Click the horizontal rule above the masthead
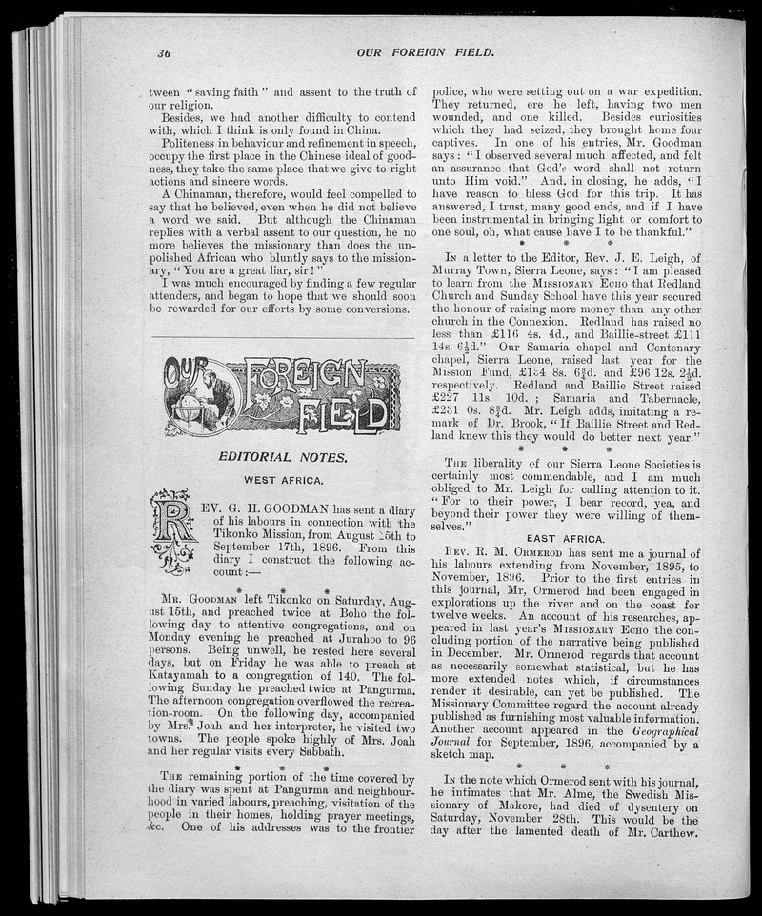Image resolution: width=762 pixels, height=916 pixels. pos(283,337)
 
